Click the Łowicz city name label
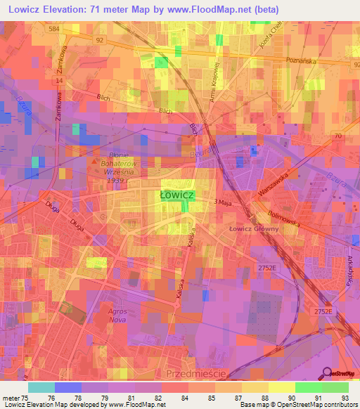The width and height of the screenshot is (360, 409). click(x=176, y=194)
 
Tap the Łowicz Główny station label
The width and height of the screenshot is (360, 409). click(x=254, y=228)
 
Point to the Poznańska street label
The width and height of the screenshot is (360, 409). click(x=303, y=60)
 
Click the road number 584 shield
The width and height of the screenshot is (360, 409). click(x=73, y=29)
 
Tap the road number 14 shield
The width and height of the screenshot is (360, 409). click(x=60, y=80)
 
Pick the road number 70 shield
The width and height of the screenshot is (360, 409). click(x=338, y=135)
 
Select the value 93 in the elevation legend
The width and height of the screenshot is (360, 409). click(x=345, y=398)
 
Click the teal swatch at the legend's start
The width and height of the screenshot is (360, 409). click(x=41, y=387)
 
